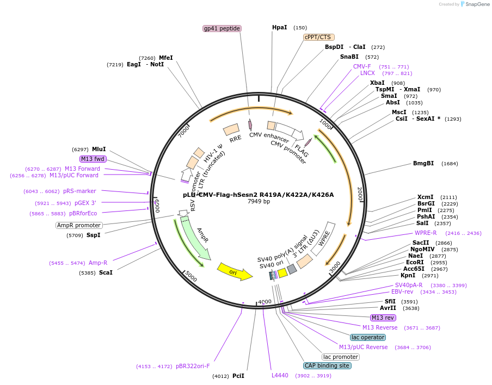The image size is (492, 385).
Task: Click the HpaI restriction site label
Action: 279,28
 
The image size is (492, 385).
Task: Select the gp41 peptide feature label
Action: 222,28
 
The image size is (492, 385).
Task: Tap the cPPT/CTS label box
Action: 318,37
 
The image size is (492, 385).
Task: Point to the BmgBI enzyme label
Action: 423,163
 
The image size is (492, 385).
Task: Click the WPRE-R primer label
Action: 426,233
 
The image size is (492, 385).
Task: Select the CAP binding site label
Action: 327,366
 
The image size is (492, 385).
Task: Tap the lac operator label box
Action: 367,337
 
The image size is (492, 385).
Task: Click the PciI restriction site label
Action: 238,376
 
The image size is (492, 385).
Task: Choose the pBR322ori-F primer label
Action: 193,366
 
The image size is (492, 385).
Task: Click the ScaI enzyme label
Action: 106,272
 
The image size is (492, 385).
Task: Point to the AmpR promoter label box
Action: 79,225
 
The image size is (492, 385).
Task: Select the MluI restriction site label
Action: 99,149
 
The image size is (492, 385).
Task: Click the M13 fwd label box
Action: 93,159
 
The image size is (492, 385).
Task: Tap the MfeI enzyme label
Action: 166,58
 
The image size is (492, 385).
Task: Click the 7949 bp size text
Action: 259,202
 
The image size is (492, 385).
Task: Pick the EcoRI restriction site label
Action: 415,262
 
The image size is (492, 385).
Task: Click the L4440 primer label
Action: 280,375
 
